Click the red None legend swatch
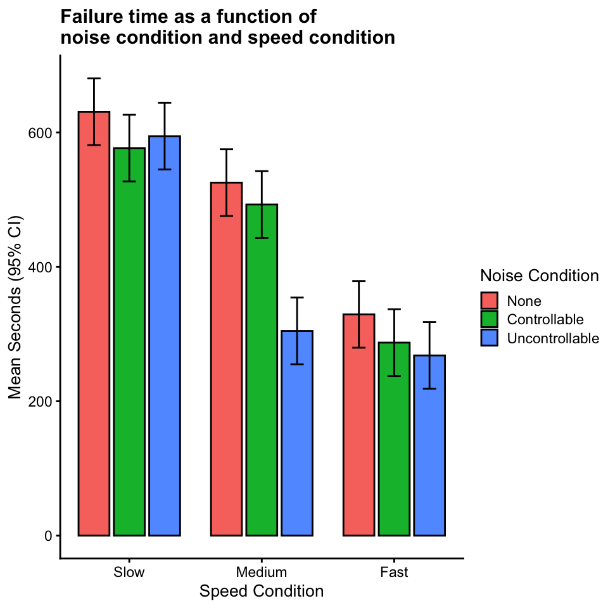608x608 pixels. (490, 301)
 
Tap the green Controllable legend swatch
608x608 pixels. (490, 319)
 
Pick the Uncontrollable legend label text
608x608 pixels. (553, 338)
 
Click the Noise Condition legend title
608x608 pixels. (540, 276)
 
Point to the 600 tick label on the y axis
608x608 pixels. (40, 132)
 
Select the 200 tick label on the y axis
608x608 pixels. (40, 401)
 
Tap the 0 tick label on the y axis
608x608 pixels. (48, 535)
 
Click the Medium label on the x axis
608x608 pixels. (261, 573)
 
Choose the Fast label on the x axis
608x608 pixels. (394, 573)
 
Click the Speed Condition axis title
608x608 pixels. (262, 592)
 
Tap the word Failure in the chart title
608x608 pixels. (91, 16)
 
